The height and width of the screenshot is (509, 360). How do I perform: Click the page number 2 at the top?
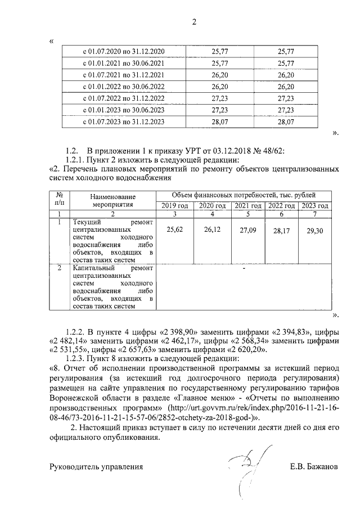(x=194, y=22)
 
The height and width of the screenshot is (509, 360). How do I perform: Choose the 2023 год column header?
(x=315, y=206)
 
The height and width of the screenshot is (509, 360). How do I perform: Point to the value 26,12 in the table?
(x=211, y=229)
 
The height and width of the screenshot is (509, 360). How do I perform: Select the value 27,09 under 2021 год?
(x=247, y=230)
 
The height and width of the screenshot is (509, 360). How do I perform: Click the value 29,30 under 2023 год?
(x=315, y=231)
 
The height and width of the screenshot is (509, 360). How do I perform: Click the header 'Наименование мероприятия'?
(x=113, y=201)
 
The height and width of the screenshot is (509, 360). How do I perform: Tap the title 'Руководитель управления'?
(x=96, y=467)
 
